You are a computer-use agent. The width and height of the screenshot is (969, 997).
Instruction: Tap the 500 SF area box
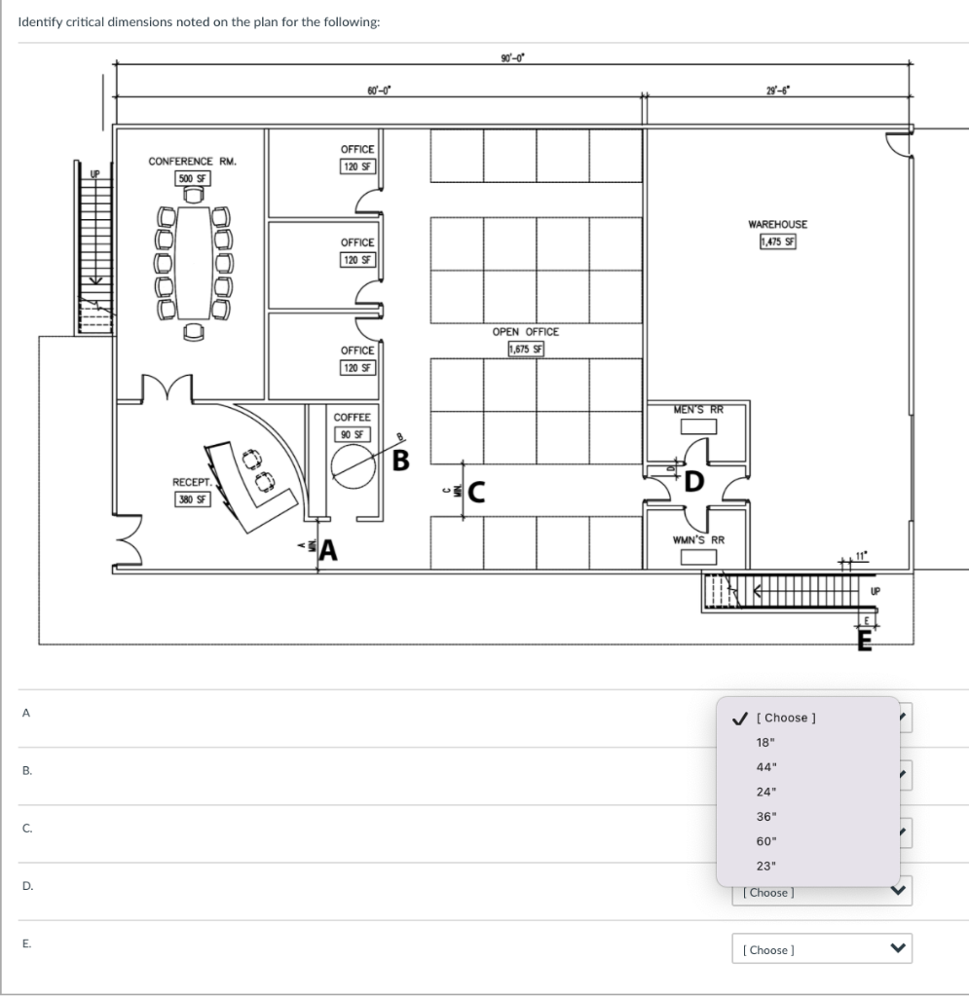(x=191, y=178)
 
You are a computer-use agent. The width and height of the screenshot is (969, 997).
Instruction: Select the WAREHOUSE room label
(x=777, y=225)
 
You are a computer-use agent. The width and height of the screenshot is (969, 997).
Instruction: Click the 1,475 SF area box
(x=777, y=242)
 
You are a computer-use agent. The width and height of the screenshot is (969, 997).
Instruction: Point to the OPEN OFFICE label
(x=526, y=332)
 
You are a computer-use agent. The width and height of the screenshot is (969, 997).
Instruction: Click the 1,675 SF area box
(x=526, y=349)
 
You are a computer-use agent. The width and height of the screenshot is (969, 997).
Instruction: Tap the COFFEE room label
(x=352, y=417)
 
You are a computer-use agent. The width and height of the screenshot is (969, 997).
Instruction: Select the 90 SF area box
(x=352, y=434)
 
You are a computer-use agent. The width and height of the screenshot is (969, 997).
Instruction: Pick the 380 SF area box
(x=190, y=498)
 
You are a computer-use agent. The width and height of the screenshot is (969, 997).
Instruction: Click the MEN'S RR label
(x=698, y=410)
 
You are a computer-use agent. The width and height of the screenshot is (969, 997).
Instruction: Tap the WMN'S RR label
(x=698, y=539)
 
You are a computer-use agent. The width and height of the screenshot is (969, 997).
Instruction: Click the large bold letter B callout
(x=400, y=459)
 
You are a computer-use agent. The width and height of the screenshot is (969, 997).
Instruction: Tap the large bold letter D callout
(x=692, y=480)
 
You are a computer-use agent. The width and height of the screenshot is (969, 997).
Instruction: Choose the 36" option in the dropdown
(x=766, y=816)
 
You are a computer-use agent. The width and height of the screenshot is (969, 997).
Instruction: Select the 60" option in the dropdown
(x=766, y=840)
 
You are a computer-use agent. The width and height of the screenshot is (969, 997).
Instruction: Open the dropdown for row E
(x=821, y=949)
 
